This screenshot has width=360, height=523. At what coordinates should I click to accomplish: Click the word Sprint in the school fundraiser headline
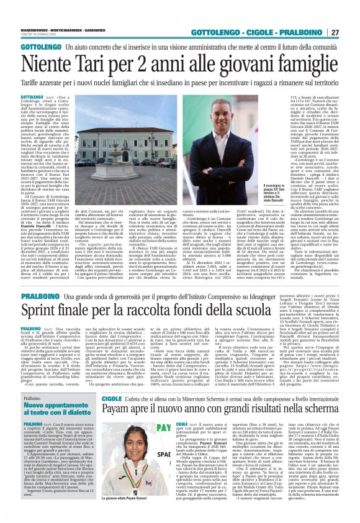pyautogui.click(x=40, y=306)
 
